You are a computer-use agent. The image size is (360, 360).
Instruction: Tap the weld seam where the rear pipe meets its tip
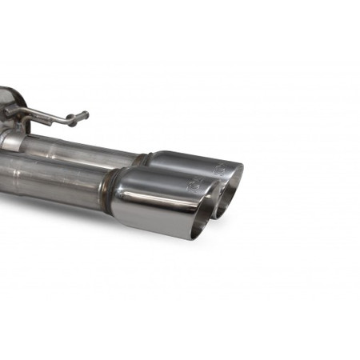[144, 159]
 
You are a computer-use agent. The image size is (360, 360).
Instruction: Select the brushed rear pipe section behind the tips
[80, 150]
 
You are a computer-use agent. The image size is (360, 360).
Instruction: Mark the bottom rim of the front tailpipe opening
[197, 234]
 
